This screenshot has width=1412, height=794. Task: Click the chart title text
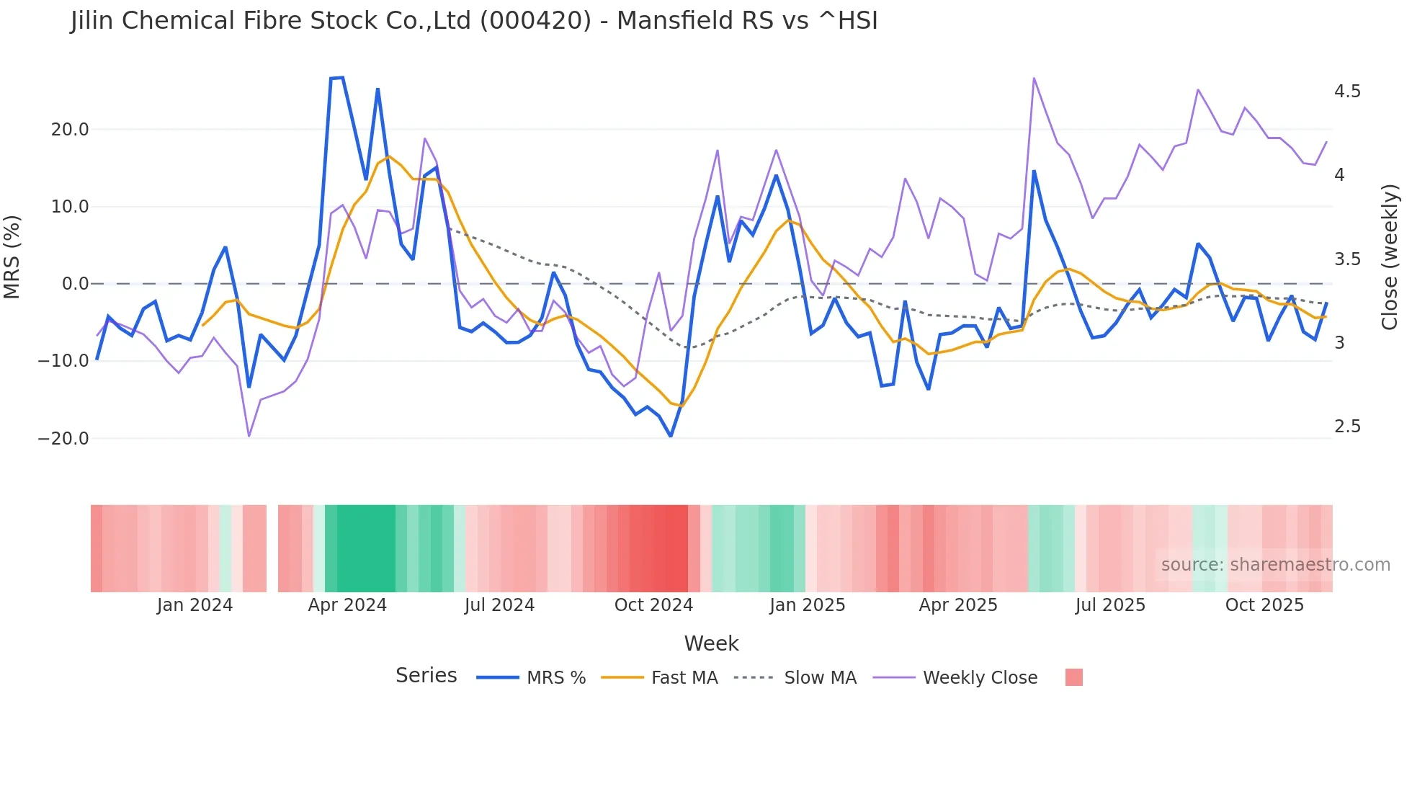coord(474,21)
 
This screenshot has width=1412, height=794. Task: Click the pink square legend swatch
coord(1073,677)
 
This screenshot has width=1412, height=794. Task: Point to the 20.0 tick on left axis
coord(70,130)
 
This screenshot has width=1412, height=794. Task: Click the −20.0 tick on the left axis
coord(64,438)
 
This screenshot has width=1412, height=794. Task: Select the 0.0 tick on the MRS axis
coord(76,284)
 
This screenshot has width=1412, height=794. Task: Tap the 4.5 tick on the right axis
coord(1347,92)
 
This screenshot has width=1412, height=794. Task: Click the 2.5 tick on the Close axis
coord(1347,427)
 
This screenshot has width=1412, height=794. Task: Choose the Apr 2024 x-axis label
coord(347,605)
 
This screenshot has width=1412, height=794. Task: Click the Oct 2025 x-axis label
coord(1264,605)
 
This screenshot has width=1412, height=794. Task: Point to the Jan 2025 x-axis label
coord(807,605)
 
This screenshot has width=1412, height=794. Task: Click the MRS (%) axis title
coord(12,257)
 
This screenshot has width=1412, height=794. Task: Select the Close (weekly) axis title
coord(1390,257)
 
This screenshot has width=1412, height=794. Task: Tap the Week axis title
coord(711,643)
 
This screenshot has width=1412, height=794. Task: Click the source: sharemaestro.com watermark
coord(1275,565)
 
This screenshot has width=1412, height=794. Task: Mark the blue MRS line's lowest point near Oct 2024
coord(671,436)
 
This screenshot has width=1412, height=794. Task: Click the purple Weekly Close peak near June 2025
coord(1034,78)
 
